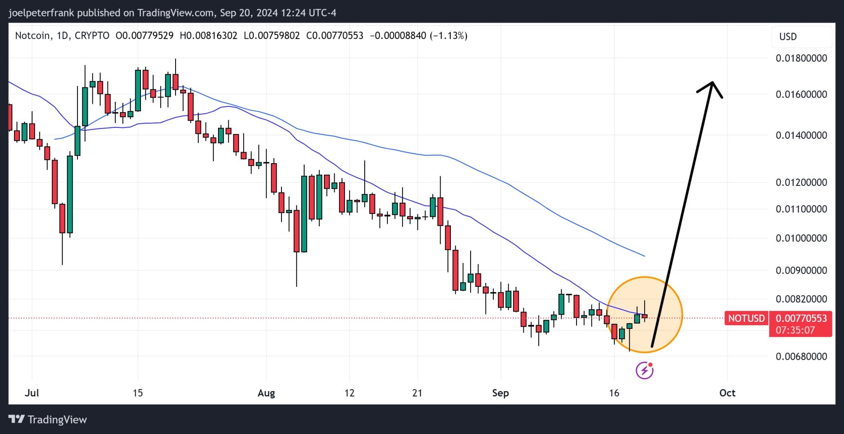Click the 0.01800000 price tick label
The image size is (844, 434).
coord(801,58)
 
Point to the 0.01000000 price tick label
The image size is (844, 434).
coord(801,238)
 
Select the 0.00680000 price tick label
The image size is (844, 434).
coord(801,357)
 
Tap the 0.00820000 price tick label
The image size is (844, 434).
coord(801,299)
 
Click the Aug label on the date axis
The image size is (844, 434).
coord(266,393)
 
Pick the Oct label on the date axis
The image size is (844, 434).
coord(727,393)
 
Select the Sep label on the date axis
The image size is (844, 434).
coord(500,393)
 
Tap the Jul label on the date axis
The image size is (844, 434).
coord(32,393)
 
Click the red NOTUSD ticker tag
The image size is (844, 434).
coord(746,318)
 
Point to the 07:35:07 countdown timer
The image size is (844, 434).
coord(795,330)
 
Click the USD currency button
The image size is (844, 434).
coord(788,37)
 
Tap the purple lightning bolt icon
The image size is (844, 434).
coord(645,370)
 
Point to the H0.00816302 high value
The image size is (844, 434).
coord(209,36)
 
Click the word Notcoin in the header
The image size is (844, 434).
coord(33,36)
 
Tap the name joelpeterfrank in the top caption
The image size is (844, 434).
coord(41,13)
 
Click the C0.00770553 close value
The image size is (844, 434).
coord(335,36)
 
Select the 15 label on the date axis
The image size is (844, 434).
coord(138,393)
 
